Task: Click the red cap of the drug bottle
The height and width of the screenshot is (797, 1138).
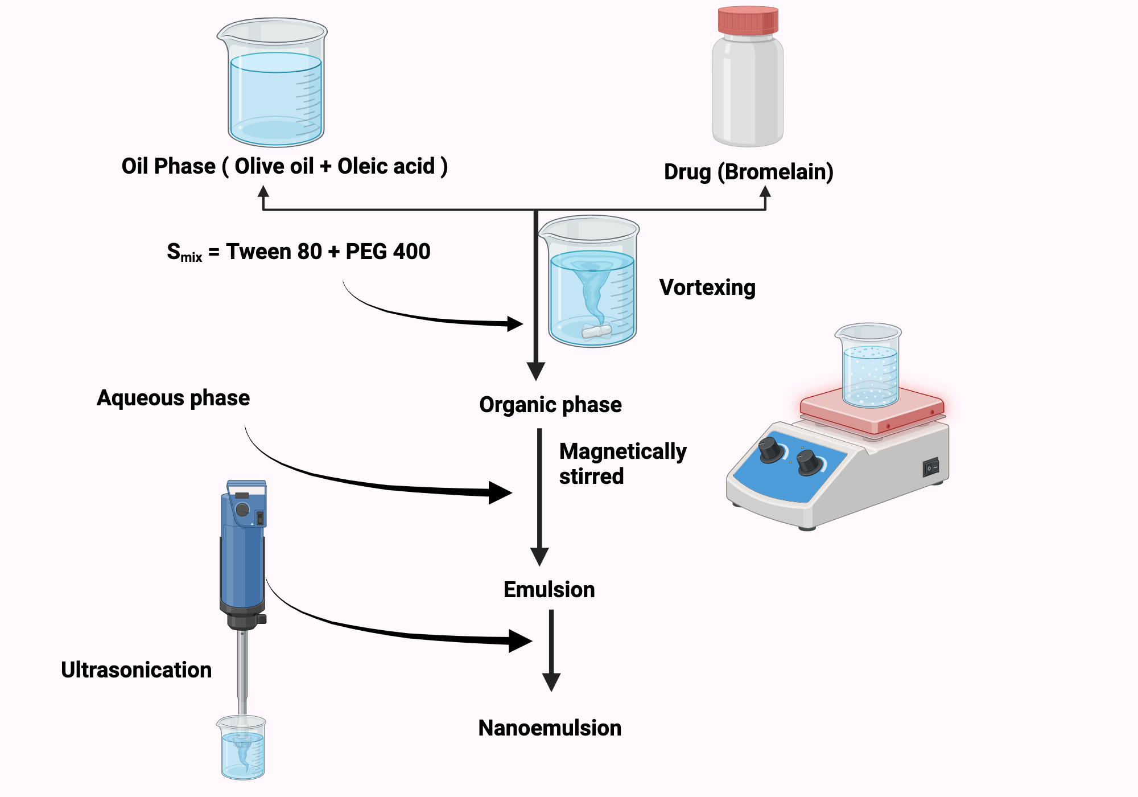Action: point(748,20)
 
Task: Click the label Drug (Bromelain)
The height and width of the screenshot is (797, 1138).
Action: point(748,172)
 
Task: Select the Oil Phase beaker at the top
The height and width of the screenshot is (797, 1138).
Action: point(274,85)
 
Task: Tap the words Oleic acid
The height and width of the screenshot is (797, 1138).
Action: point(386,166)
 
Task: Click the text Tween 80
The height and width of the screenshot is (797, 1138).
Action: point(274,252)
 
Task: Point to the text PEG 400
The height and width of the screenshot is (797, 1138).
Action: point(387,252)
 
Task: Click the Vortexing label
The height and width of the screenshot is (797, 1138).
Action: point(707,287)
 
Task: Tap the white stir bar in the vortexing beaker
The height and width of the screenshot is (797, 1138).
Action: point(596,331)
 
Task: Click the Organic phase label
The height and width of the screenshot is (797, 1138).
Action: point(550,405)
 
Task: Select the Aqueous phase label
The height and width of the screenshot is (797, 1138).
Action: point(173,398)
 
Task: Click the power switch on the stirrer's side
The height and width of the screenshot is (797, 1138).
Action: point(930,467)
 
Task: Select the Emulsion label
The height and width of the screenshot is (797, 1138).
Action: point(549,590)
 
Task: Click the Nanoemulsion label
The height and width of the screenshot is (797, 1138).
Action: point(550,728)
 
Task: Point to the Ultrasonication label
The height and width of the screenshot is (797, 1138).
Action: point(136,670)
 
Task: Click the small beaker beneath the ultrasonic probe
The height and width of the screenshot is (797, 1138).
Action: point(242,749)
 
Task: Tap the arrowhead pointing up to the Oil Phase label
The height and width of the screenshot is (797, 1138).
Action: point(263,192)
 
